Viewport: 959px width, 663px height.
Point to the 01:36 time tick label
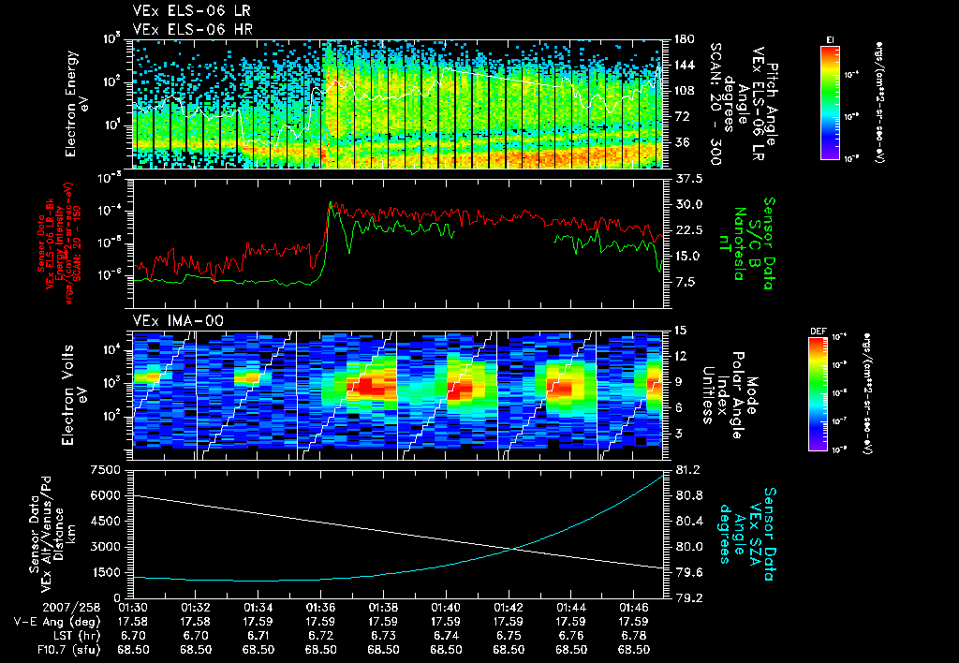(x=321, y=607)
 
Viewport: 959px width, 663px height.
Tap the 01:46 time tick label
(x=635, y=607)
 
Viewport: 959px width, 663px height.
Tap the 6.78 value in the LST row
(x=635, y=635)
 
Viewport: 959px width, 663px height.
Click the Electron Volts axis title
(x=75, y=390)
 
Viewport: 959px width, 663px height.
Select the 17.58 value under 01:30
(x=133, y=621)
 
